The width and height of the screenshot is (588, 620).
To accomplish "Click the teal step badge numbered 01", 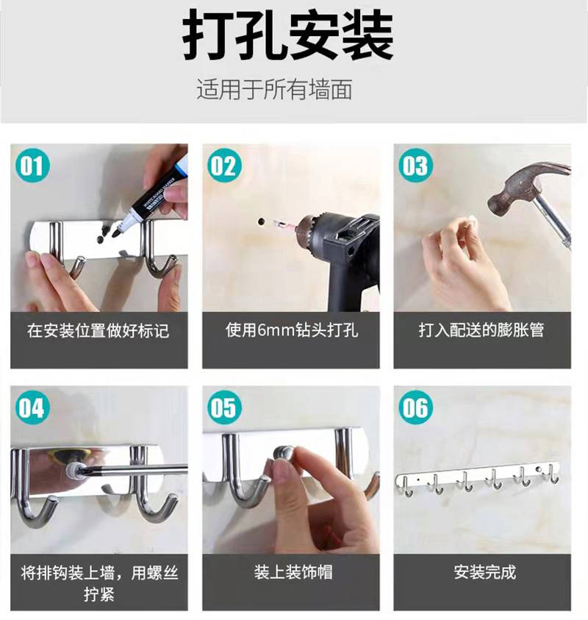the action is point(32,165).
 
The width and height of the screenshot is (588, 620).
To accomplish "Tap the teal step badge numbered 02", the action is point(224,165).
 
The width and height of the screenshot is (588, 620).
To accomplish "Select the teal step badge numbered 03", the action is point(416,165).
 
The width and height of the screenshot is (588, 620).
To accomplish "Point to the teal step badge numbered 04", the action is point(32,407).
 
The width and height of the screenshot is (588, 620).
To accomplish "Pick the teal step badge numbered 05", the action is point(224,407).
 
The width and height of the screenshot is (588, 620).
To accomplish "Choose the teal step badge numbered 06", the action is point(416,407).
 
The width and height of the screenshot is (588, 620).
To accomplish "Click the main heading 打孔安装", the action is point(288,35).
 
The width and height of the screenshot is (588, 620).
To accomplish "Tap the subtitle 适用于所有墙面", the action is point(274,90).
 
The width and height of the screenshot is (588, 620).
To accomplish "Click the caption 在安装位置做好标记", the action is point(98,330).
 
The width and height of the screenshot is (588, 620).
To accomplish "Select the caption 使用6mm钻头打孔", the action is point(292,330).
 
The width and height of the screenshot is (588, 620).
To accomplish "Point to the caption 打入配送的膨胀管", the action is point(481,330).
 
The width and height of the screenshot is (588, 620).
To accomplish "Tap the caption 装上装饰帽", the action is point(293,572).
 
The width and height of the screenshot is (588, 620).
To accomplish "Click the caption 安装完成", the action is point(485,572).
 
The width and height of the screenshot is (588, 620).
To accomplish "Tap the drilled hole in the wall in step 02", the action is point(261,222).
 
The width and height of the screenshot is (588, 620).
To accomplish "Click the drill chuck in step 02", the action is point(309,232).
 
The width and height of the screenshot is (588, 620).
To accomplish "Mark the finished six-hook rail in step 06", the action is point(478,478).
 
